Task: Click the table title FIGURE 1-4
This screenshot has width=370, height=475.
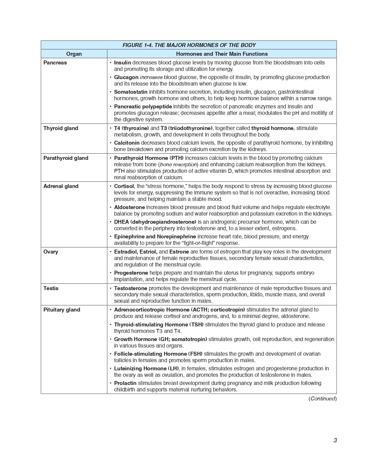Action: tap(189, 45)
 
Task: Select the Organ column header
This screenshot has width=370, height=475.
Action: tap(74, 54)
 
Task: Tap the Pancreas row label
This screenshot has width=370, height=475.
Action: tap(55, 62)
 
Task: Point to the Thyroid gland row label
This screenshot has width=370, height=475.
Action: tap(61, 128)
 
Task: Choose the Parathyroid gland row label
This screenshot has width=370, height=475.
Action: tap(66, 158)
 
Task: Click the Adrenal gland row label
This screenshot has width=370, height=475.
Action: tap(61, 186)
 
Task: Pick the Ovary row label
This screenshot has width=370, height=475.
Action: tap(51, 252)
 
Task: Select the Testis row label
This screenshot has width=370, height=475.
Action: tap(51, 288)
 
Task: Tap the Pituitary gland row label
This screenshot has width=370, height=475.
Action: tap(62, 310)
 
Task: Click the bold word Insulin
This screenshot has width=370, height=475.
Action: tap(122, 62)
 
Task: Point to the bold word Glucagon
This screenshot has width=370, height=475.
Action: tap(126, 77)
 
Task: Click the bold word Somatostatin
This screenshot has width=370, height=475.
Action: tap(130, 92)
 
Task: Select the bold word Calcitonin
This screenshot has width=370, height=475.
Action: tap(127, 143)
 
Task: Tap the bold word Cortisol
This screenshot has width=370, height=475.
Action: tap(124, 186)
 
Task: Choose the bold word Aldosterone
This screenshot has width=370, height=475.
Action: tap(129, 207)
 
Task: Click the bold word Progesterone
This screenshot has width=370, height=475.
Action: tap(131, 273)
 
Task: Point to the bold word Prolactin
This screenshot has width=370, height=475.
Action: tap(125, 383)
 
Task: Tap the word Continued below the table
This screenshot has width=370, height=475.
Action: tap(322, 398)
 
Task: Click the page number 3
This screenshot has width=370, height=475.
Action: tap(335, 440)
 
